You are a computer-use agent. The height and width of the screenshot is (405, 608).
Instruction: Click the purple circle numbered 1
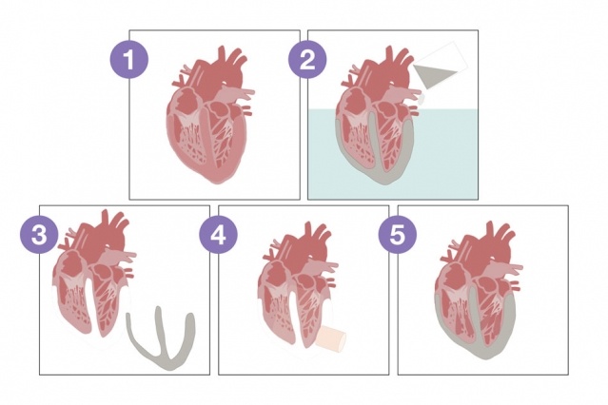129,60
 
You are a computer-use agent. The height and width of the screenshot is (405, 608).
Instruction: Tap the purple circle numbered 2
307,60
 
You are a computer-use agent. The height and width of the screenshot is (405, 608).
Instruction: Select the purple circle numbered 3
39,235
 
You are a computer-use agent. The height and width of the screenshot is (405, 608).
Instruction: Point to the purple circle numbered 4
218,235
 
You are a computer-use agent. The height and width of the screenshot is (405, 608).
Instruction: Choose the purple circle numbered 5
398,235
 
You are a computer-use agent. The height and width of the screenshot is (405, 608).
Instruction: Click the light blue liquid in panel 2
393,154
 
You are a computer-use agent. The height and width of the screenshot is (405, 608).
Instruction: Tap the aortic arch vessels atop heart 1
228,64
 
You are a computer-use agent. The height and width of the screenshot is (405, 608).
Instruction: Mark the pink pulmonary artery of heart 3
116,258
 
